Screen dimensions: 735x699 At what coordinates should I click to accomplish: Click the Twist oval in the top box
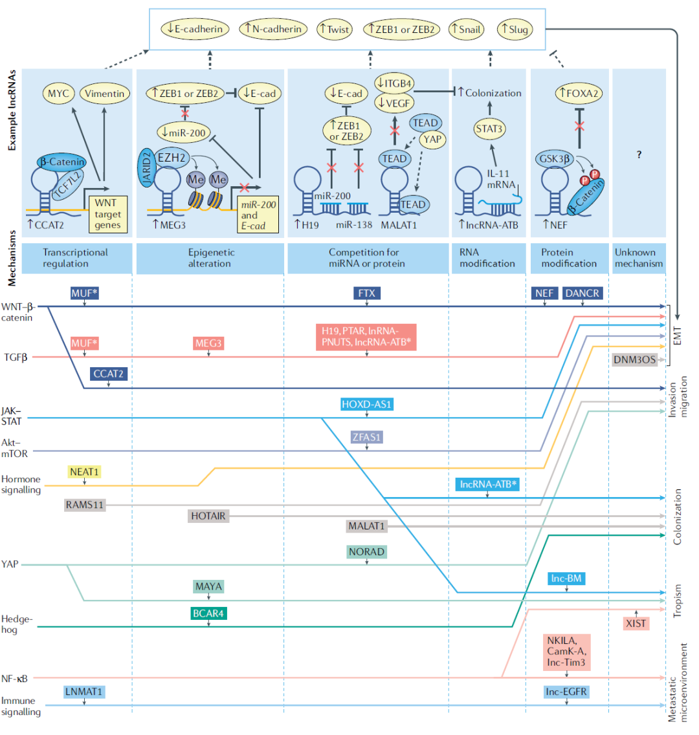pos(335,29)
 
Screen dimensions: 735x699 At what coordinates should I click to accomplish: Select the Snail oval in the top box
pos(466,29)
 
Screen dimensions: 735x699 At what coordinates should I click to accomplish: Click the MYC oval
pos(58,94)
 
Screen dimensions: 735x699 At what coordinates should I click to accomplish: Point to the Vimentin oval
pos(104,94)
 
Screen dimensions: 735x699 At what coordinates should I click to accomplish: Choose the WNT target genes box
pos(107,214)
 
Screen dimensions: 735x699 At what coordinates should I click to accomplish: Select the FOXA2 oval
pos(577,94)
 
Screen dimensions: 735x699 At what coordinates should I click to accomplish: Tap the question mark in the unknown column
pos(639,155)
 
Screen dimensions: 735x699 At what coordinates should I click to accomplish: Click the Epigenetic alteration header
pos(210,258)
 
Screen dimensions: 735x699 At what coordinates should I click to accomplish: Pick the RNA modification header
pos(487,258)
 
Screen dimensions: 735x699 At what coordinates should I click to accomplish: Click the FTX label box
pos(366,293)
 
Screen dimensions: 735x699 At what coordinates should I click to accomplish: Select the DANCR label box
pos(582,293)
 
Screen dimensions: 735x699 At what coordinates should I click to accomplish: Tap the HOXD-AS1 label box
pos(367,405)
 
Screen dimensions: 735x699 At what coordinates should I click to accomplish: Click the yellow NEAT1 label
pos(84,472)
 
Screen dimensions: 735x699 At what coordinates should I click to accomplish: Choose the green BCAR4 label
pos(208,613)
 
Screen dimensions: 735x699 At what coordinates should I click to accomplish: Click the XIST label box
pos(636,623)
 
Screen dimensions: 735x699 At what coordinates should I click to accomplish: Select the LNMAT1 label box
pos(84,692)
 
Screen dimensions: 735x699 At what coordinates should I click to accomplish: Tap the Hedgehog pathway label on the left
pos(17,624)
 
